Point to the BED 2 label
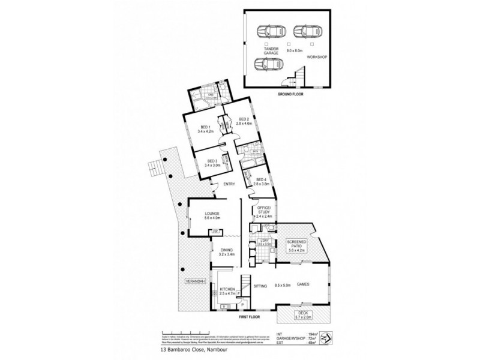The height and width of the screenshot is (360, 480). click(x=243, y=120)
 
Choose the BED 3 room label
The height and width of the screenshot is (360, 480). click(x=211, y=161)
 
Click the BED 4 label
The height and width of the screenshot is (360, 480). click(x=260, y=179)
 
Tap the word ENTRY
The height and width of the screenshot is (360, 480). click(x=229, y=184)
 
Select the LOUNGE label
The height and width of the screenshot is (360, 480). click(x=211, y=214)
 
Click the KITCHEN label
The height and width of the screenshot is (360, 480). click(x=226, y=289)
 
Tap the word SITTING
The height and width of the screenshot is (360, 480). click(x=260, y=286)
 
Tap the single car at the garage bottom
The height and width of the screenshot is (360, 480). click(x=267, y=64)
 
